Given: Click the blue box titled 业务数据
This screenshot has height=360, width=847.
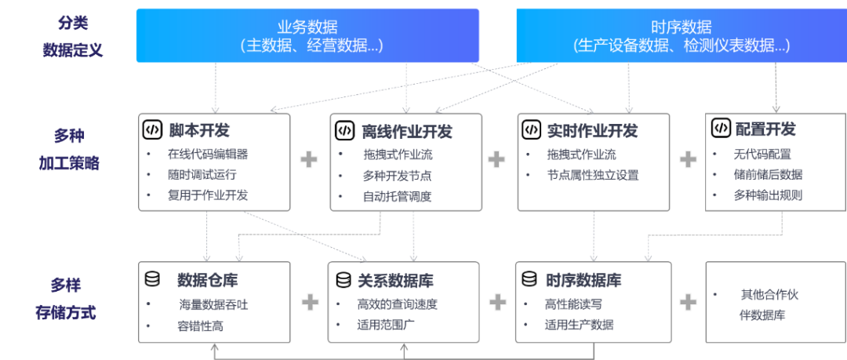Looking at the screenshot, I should coord(307,35).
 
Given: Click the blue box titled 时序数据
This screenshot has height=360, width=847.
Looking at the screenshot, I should coord(681,35).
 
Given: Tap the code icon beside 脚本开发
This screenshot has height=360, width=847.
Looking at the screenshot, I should coord(151,129).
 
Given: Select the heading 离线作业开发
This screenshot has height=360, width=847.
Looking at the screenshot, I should coord(407,131).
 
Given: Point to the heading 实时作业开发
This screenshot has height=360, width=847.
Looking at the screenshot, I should coord(592,130).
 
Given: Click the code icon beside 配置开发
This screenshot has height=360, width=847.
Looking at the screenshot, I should coord(720,128).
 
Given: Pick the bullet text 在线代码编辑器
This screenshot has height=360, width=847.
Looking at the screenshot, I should coord(207,154).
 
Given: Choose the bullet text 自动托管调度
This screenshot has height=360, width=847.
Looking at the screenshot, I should coord(397,196).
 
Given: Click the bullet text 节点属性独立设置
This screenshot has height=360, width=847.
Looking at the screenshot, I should coord(594,175).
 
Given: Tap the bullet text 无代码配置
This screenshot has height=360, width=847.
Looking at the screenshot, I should coord(762,154).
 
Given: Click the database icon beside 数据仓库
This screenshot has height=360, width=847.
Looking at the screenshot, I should coord(152,279).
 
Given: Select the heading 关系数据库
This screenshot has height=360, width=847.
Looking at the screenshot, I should coord(395,281).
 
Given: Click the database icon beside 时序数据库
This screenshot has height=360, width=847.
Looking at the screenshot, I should coord(529,280).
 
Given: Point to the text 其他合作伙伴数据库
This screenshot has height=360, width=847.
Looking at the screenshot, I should coord(769,305).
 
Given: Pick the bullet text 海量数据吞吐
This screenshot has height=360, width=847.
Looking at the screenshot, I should coord(213,304).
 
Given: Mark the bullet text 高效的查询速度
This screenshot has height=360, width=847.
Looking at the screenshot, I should coord(397,304).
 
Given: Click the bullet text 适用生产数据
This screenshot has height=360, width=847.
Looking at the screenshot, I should coord(579,324).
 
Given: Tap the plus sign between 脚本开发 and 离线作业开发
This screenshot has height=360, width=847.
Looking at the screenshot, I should coord(309,159).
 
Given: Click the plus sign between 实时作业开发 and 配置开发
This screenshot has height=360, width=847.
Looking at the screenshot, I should coord(688,159).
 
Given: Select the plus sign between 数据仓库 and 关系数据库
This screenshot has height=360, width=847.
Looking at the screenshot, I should coord(309,301).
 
